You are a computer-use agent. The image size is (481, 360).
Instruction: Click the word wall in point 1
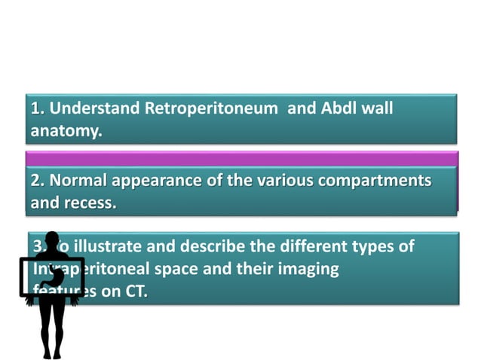click(x=377, y=108)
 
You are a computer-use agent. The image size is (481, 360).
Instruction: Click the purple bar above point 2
click(x=241, y=157)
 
